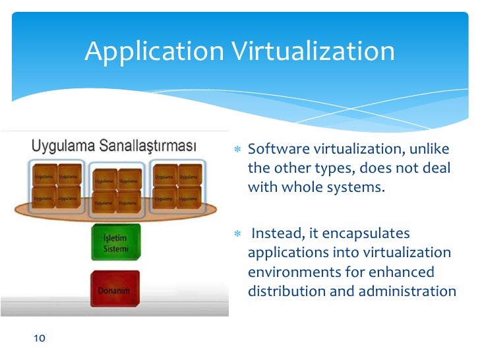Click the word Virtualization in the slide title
316,51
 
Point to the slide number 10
39,338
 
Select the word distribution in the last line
285,291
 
